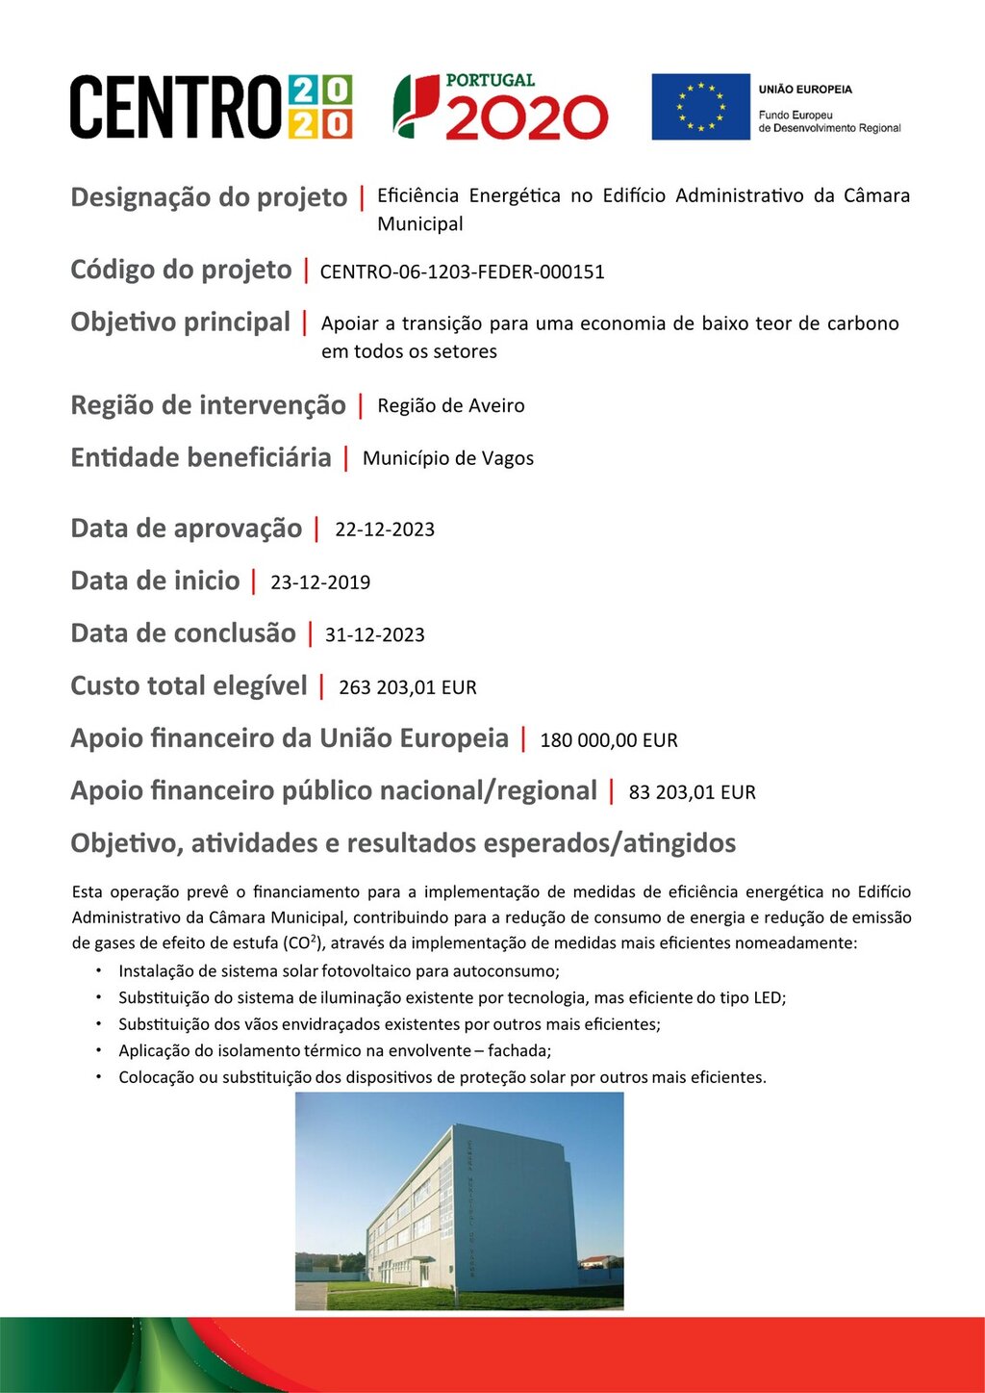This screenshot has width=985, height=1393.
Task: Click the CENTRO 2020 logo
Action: click(211, 107)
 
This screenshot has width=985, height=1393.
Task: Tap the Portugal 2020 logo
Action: click(500, 107)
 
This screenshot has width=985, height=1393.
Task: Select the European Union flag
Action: click(700, 107)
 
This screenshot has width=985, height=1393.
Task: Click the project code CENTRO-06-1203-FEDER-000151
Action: click(462, 272)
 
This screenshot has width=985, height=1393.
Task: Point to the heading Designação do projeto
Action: click(209, 197)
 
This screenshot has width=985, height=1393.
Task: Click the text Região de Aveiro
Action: click(450, 405)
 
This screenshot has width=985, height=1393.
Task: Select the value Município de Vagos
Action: click(447, 458)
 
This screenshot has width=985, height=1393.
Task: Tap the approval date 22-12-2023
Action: click(385, 529)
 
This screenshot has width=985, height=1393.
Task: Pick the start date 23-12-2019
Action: click(320, 582)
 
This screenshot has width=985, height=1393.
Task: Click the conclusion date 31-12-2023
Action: click(374, 635)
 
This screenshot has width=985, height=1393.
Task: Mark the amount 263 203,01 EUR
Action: click(408, 687)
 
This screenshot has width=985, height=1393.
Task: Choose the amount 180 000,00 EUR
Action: click(609, 740)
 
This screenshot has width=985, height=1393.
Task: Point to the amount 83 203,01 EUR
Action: click(692, 792)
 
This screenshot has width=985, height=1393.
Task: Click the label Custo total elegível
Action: click(189, 686)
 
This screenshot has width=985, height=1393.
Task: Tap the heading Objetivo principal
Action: click(180, 322)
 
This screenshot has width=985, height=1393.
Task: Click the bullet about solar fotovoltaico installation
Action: click(339, 971)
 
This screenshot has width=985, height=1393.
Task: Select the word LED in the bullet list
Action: click(768, 998)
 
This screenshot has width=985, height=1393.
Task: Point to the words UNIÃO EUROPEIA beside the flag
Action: click(805, 90)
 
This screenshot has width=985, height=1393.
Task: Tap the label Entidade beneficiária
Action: click(200, 457)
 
